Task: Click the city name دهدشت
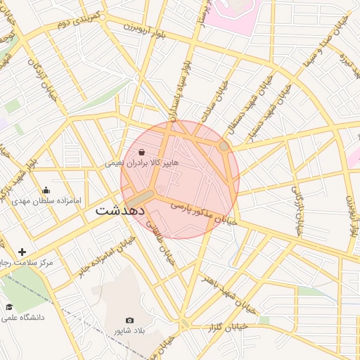tap(120, 210)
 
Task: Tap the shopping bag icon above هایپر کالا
tap(142, 152)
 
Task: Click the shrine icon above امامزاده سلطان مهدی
tap(46, 190)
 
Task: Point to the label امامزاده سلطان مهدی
tap(46, 200)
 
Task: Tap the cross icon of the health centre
tap(22, 252)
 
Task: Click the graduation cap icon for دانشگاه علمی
tap(10, 307)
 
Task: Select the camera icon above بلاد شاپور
tap(129, 320)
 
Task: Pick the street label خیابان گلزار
tap(228, 327)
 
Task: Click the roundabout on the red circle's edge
tap(224, 146)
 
